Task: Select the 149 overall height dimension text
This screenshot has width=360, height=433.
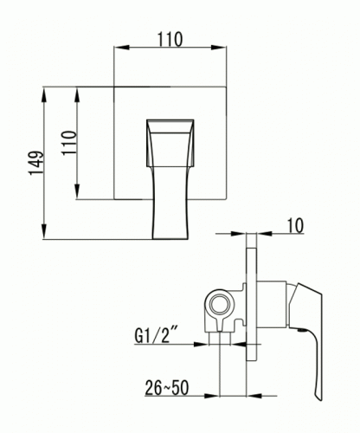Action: click(34, 162)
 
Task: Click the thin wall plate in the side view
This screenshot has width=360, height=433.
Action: click(254, 303)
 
